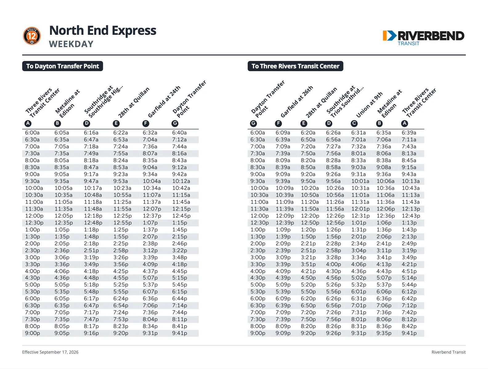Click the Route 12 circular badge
tap(32, 36)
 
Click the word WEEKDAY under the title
tap(71, 44)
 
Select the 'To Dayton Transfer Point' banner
tap(63, 66)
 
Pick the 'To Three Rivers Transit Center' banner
tap(295, 66)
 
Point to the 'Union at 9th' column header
tap(369, 104)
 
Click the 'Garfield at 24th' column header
tap(164, 102)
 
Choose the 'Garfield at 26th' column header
tap(297, 102)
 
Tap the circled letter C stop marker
tap(354, 124)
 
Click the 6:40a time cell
tap(179, 133)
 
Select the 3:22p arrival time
tap(179, 250)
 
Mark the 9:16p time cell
tap(91, 333)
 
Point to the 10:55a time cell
tap(122, 195)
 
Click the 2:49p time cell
tap(409, 244)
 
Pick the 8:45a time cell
tap(409, 160)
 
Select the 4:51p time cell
tap(409, 271)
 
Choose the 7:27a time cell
tap(333, 147)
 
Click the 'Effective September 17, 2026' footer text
tap(50, 352)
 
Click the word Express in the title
tap(134, 31)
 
